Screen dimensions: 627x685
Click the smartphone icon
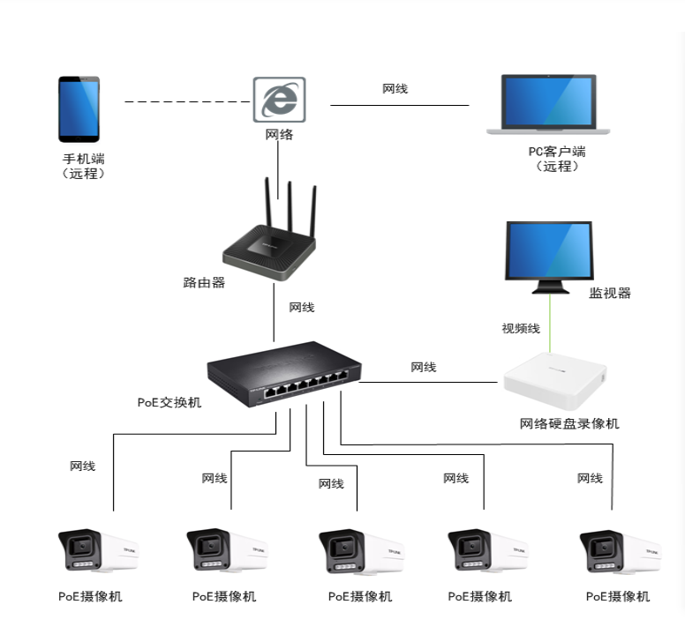79,109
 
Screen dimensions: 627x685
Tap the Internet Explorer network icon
279,101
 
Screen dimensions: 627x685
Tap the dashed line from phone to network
186,102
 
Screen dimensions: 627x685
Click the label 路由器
205,283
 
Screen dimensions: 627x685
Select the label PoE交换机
169,402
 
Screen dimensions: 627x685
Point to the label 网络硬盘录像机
569,423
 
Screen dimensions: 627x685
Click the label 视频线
521,328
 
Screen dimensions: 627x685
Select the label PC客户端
556,152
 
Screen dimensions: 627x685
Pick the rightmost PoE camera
619,552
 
